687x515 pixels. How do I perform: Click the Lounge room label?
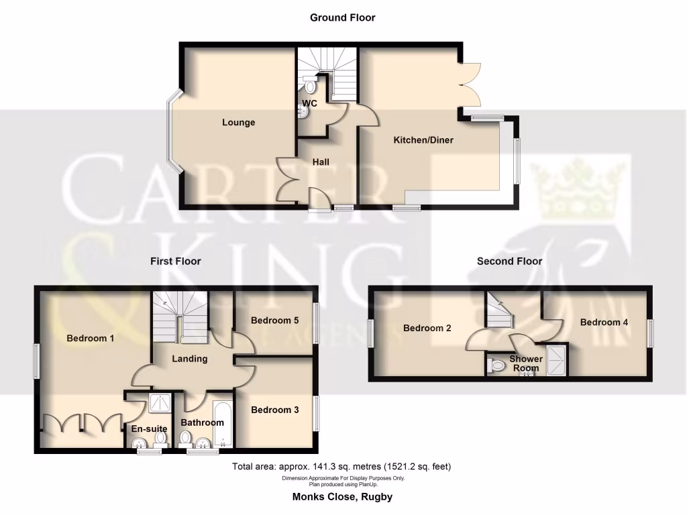239,123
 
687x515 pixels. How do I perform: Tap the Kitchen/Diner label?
423,140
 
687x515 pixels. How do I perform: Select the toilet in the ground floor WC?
310,86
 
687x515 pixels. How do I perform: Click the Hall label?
321,162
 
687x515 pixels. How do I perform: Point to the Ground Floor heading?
342,17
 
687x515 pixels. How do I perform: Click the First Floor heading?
175,261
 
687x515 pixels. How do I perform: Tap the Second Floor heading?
509,261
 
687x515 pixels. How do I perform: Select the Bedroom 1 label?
90,338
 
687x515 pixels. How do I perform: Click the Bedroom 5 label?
274,321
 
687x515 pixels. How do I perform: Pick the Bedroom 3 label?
274,410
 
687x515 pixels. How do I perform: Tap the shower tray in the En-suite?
160,402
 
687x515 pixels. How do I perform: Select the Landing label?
190,359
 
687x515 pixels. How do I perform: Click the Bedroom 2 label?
427,328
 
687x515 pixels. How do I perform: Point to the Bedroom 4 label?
604,322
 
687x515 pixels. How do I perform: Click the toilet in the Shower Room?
496,366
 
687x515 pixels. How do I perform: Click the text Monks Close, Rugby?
342,497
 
